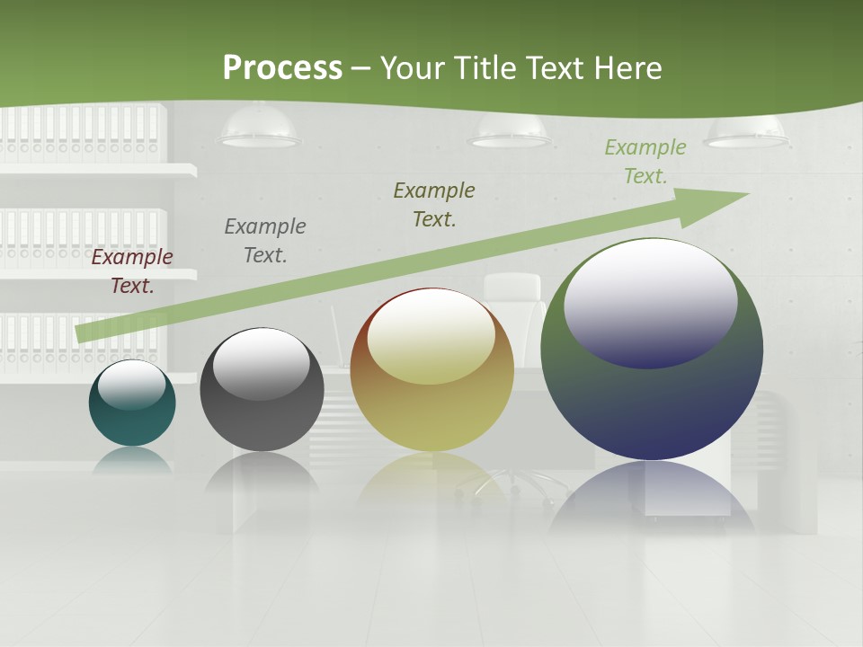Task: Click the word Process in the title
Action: [x=282, y=68]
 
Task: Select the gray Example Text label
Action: [x=265, y=241]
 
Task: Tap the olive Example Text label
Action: [x=434, y=205]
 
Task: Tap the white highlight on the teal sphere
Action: [x=132, y=384]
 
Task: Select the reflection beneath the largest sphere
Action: [x=652, y=494]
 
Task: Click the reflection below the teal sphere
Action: [x=132, y=460]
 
